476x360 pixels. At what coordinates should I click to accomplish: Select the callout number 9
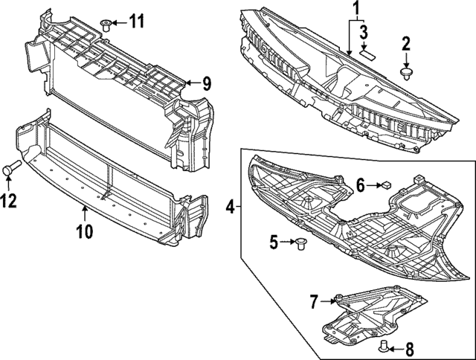tap(208, 83)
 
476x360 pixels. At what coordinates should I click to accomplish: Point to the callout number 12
tap(10, 199)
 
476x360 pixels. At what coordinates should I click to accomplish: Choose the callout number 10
tap(84, 231)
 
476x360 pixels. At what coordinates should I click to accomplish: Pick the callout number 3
tap(363, 32)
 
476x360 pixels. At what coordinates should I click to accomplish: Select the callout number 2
tap(406, 45)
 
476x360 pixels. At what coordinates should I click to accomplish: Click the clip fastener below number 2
tap(406, 73)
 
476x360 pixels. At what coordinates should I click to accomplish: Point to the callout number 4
tap(231, 205)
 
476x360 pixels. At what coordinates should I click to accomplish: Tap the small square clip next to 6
tap(387, 185)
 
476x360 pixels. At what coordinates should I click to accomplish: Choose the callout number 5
tap(274, 242)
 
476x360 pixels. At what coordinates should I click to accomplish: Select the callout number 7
tap(314, 301)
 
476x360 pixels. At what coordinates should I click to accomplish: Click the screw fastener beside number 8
tap(385, 345)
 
